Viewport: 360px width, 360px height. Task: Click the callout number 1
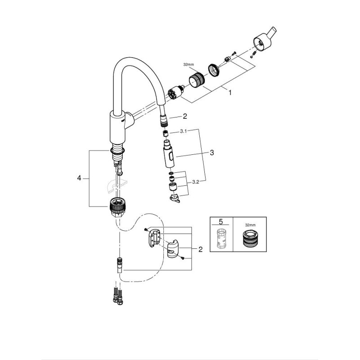[x=229, y=93]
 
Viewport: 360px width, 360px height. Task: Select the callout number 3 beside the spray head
[x=211, y=153]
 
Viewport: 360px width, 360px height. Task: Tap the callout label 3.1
[x=183, y=131]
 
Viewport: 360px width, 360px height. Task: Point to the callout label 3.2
[x=195, y=182]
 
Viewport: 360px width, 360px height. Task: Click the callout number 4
[x=79, y=178]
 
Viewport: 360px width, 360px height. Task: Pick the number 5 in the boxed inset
[x=220, y=221]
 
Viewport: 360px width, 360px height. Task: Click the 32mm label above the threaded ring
[x=189, y=65]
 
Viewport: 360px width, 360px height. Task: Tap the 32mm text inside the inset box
[x=250, y=225]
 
